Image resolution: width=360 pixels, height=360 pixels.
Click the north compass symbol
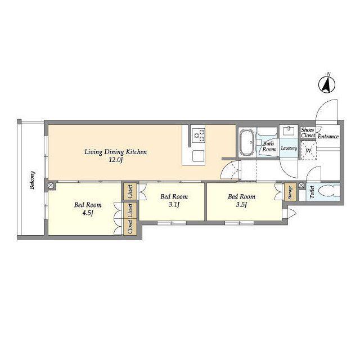327,84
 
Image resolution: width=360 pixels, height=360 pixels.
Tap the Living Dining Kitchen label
115,152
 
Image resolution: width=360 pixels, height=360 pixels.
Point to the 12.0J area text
116,160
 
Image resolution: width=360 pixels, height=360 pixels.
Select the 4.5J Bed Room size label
88,213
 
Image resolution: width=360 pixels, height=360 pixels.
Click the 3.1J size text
174,205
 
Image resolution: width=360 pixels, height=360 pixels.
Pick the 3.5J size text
241,205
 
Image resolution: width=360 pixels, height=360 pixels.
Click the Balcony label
33,180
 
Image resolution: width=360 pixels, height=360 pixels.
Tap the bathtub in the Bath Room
246,142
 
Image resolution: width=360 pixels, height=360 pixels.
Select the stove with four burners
199,135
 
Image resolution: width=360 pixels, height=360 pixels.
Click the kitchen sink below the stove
199,156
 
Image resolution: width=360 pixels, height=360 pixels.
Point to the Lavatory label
289,148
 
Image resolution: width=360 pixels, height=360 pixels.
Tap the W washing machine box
309,150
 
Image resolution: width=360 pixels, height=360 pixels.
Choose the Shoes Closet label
308,133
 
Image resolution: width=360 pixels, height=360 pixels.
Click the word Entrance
328,136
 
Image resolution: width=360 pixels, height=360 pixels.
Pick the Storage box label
290,192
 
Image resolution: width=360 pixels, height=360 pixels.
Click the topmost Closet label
130,192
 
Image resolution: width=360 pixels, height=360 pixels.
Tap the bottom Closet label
130,227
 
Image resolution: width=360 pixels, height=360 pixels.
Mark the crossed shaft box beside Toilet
301,185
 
